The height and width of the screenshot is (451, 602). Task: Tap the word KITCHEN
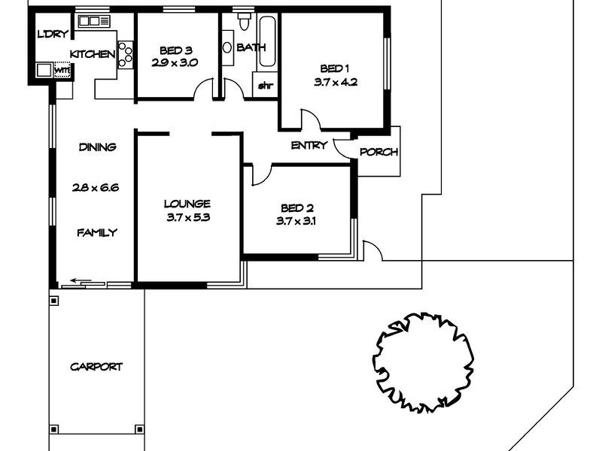click(93, 54)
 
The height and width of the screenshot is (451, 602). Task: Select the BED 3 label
click(174, 50)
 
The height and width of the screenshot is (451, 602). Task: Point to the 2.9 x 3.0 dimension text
click(174, 63)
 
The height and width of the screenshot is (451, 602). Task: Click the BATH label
click(250, 48)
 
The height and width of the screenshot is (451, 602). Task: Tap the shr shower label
click(265, 85)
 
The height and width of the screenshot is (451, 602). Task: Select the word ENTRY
click(309, 146)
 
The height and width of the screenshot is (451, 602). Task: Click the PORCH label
click(378, 152)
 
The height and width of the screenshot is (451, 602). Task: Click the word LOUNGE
click(187, 204)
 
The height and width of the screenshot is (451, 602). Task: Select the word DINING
click(98, 147)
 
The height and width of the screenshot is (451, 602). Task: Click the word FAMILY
click(98, 233)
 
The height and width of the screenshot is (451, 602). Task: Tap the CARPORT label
click(96, 367)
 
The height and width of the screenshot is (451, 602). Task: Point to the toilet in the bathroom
click(242, 24)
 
